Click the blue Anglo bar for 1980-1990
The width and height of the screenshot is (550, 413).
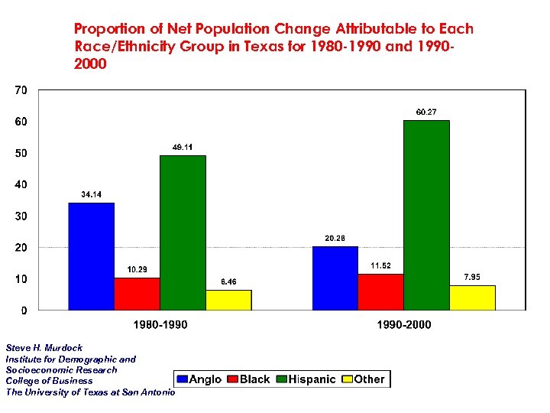click(x=92, y=256)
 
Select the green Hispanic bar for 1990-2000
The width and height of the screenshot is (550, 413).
click(x=426, y=215)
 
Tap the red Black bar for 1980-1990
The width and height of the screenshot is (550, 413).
click(x=137, y=294)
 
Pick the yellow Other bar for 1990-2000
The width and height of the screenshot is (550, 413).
click(x=472, y=298)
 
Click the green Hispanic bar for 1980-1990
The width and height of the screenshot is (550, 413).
click(x=183, y=233)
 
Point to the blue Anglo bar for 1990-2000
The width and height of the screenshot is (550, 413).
click(x=335, y=278)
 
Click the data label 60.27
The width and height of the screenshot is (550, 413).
click(x=426, y=112)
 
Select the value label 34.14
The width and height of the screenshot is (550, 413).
click(x=92, y=195)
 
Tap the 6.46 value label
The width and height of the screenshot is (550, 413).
click(x=228, y=282)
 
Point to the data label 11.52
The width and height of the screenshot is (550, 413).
click(x=380, y=265)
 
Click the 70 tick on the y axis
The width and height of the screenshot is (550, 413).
click(x=21, y=90)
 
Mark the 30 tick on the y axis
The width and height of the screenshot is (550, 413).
click(x=21, y=216)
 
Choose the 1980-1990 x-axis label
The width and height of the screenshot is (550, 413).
click(x=160, y=325)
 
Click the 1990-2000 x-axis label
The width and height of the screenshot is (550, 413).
click(x=403, y=325)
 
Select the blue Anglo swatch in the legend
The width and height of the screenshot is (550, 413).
click(x=183, y=379)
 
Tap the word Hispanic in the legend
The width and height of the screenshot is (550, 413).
click(x=312, y=379)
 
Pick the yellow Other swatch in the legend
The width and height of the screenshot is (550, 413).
click(x=347, y=379)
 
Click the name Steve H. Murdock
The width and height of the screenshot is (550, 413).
click(x=44, y=348)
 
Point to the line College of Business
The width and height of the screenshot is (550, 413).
click(x=49, y=381)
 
